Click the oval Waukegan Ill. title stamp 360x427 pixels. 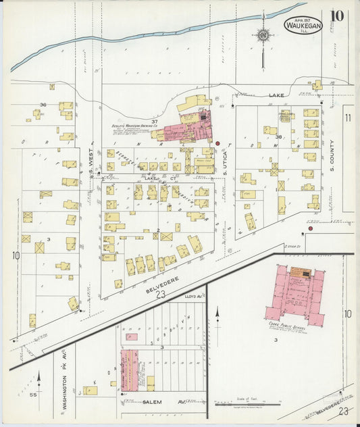point(303,26)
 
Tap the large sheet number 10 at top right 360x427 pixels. point(337,17)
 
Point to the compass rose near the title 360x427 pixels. point(263,35)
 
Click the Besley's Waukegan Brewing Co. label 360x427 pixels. point(135,126)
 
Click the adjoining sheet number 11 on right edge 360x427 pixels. point(349,118)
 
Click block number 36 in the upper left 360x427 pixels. point(43,105)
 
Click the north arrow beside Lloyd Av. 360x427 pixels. point(217,315)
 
